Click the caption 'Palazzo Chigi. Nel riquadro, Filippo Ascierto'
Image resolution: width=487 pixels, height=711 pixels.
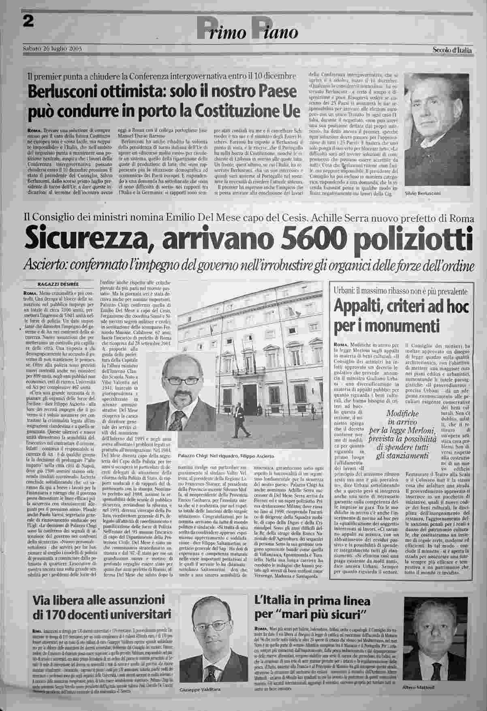click(x=223, y=456)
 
